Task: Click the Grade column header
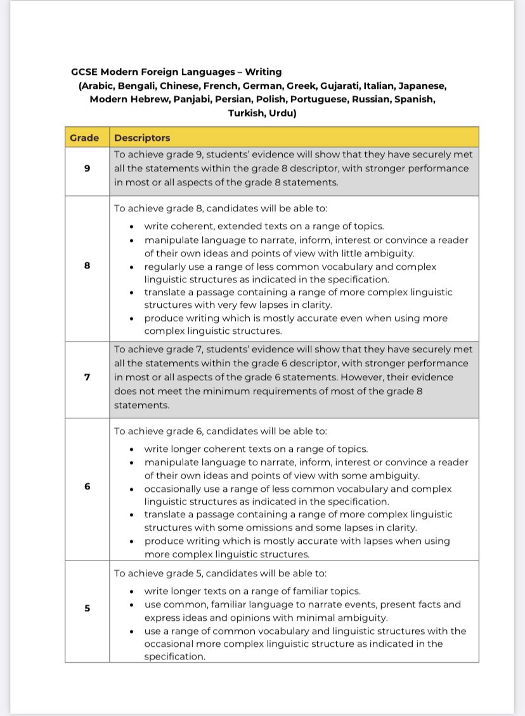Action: (84, 138)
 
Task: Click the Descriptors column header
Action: (142, 138)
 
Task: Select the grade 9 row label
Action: (87, 169)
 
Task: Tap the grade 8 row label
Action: (87, 267)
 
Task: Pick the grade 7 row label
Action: (87, 377)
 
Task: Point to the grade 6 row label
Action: (87, 487)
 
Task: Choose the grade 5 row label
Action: (87, 608)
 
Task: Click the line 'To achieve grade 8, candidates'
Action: (220, 207)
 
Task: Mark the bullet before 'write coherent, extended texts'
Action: (131, 227)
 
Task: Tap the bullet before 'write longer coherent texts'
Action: (131, 449)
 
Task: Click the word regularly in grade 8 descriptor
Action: (165, 267)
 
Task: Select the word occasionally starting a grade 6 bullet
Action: (173, 489)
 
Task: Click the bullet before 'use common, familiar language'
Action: (131, 605)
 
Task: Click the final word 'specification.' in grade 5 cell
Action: (174, 656)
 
